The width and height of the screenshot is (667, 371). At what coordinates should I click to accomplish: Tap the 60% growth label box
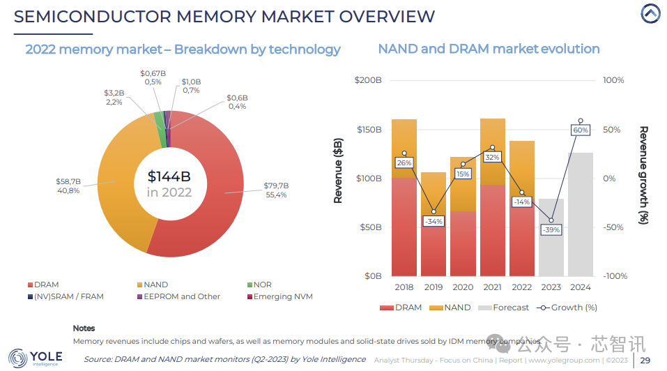580,130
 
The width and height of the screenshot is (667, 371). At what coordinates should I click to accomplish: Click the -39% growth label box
551,229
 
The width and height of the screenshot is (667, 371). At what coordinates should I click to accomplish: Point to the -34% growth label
434,221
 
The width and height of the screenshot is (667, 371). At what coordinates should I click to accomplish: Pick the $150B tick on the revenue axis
369,130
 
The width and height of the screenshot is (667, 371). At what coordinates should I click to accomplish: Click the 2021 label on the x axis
492,287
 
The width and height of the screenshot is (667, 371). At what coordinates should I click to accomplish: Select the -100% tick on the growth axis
615,276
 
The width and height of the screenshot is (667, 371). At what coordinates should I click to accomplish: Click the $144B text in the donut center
169,176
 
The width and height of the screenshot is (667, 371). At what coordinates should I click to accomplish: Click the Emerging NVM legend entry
282,296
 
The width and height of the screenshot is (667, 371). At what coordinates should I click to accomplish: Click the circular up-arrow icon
650,14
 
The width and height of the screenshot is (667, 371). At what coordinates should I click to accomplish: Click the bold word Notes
84,328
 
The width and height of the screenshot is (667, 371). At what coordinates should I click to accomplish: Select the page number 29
645,360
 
